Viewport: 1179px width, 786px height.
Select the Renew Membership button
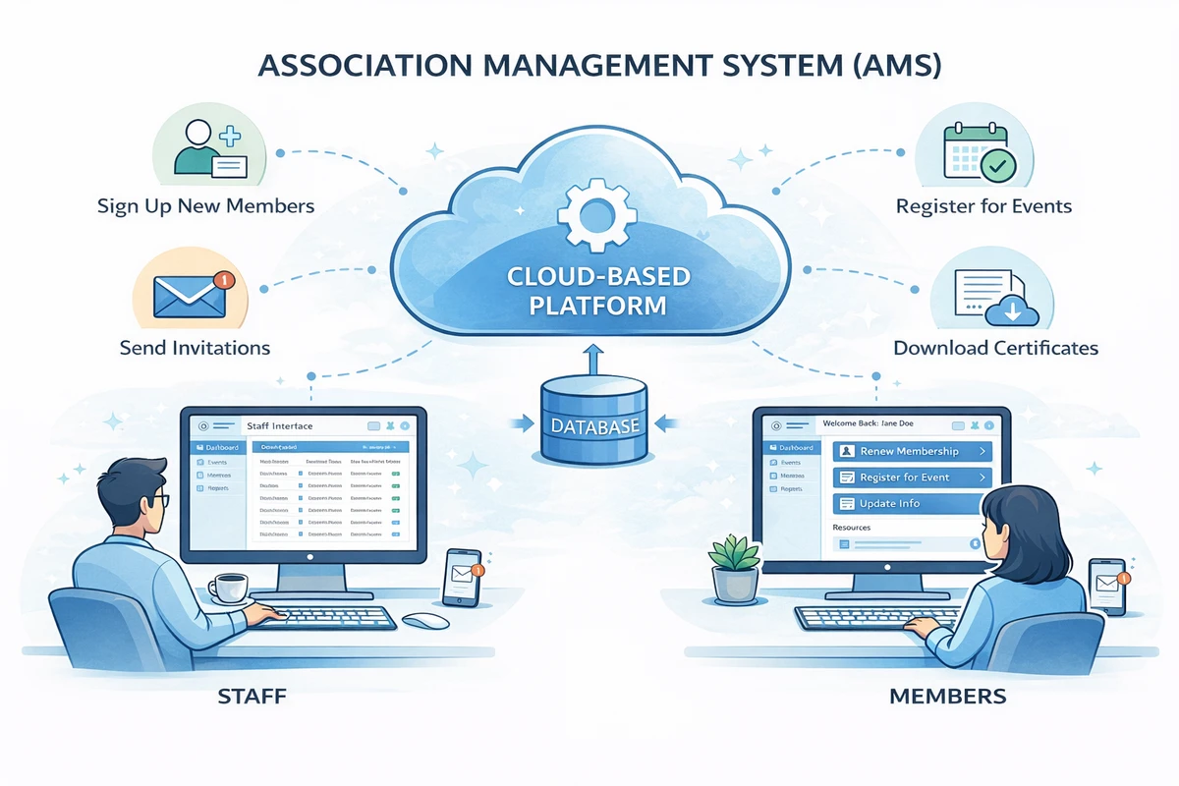click(912, 451)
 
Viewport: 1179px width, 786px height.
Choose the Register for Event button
click(912, 477)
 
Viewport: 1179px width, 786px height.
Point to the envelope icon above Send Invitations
click(191, 292)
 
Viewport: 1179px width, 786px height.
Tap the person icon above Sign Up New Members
click(200, 146)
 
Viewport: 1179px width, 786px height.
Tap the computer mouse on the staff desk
click(425, 621)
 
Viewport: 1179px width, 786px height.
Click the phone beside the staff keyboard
click(461, 577)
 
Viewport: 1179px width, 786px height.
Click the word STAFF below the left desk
click(253, 697)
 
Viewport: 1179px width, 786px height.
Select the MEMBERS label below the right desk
click(947, 697)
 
